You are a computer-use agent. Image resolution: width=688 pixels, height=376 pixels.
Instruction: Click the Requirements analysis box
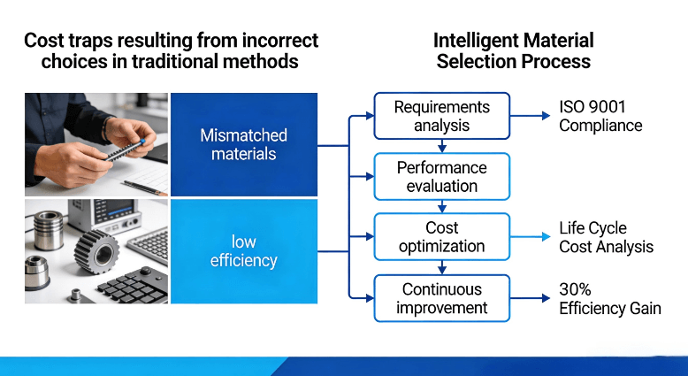[441, 116]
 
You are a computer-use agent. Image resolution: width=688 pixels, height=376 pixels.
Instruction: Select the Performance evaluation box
[441, 176]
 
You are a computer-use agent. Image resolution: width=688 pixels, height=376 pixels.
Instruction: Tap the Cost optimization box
[441, 236]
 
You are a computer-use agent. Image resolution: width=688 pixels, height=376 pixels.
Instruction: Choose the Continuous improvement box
[441, 298]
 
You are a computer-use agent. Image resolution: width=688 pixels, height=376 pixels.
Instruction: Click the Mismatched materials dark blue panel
[243, 144]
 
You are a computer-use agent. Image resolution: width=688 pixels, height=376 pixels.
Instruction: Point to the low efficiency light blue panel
[243, 251]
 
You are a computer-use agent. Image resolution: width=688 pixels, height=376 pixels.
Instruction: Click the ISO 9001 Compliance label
[600, 116]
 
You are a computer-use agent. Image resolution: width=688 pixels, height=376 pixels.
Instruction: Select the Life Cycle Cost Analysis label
[606, 236]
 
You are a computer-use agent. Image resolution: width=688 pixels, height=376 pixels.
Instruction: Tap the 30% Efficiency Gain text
[609, 298]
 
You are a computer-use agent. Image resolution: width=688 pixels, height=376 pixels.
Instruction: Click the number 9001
[606, 107]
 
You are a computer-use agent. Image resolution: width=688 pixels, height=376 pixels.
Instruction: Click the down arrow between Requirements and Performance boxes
[441, 146]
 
